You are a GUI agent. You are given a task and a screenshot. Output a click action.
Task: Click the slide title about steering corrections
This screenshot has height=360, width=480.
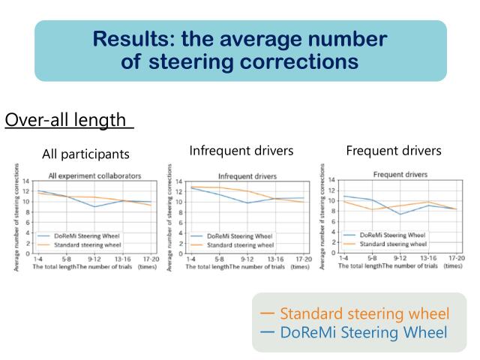(240, 49)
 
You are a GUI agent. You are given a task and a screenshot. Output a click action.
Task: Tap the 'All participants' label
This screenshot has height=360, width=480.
(85, 154)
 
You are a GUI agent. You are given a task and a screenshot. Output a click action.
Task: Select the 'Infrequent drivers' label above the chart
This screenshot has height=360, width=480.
(241, 151)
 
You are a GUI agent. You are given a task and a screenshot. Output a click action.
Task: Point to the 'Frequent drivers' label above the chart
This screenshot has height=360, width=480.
(394, 151)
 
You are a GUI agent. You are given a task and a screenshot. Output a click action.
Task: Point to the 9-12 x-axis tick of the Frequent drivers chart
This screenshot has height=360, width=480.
(400, 258)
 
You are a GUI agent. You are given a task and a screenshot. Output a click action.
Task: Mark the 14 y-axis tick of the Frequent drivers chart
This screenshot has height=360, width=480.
(332, 181)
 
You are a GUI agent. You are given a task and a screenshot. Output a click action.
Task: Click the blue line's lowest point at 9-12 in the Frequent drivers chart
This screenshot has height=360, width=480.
(400, 214)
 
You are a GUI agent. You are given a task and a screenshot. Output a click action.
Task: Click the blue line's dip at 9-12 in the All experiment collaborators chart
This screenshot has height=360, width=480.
(94, 206)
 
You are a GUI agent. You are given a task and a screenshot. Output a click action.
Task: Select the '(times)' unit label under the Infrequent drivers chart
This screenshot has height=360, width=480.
(300, 266)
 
